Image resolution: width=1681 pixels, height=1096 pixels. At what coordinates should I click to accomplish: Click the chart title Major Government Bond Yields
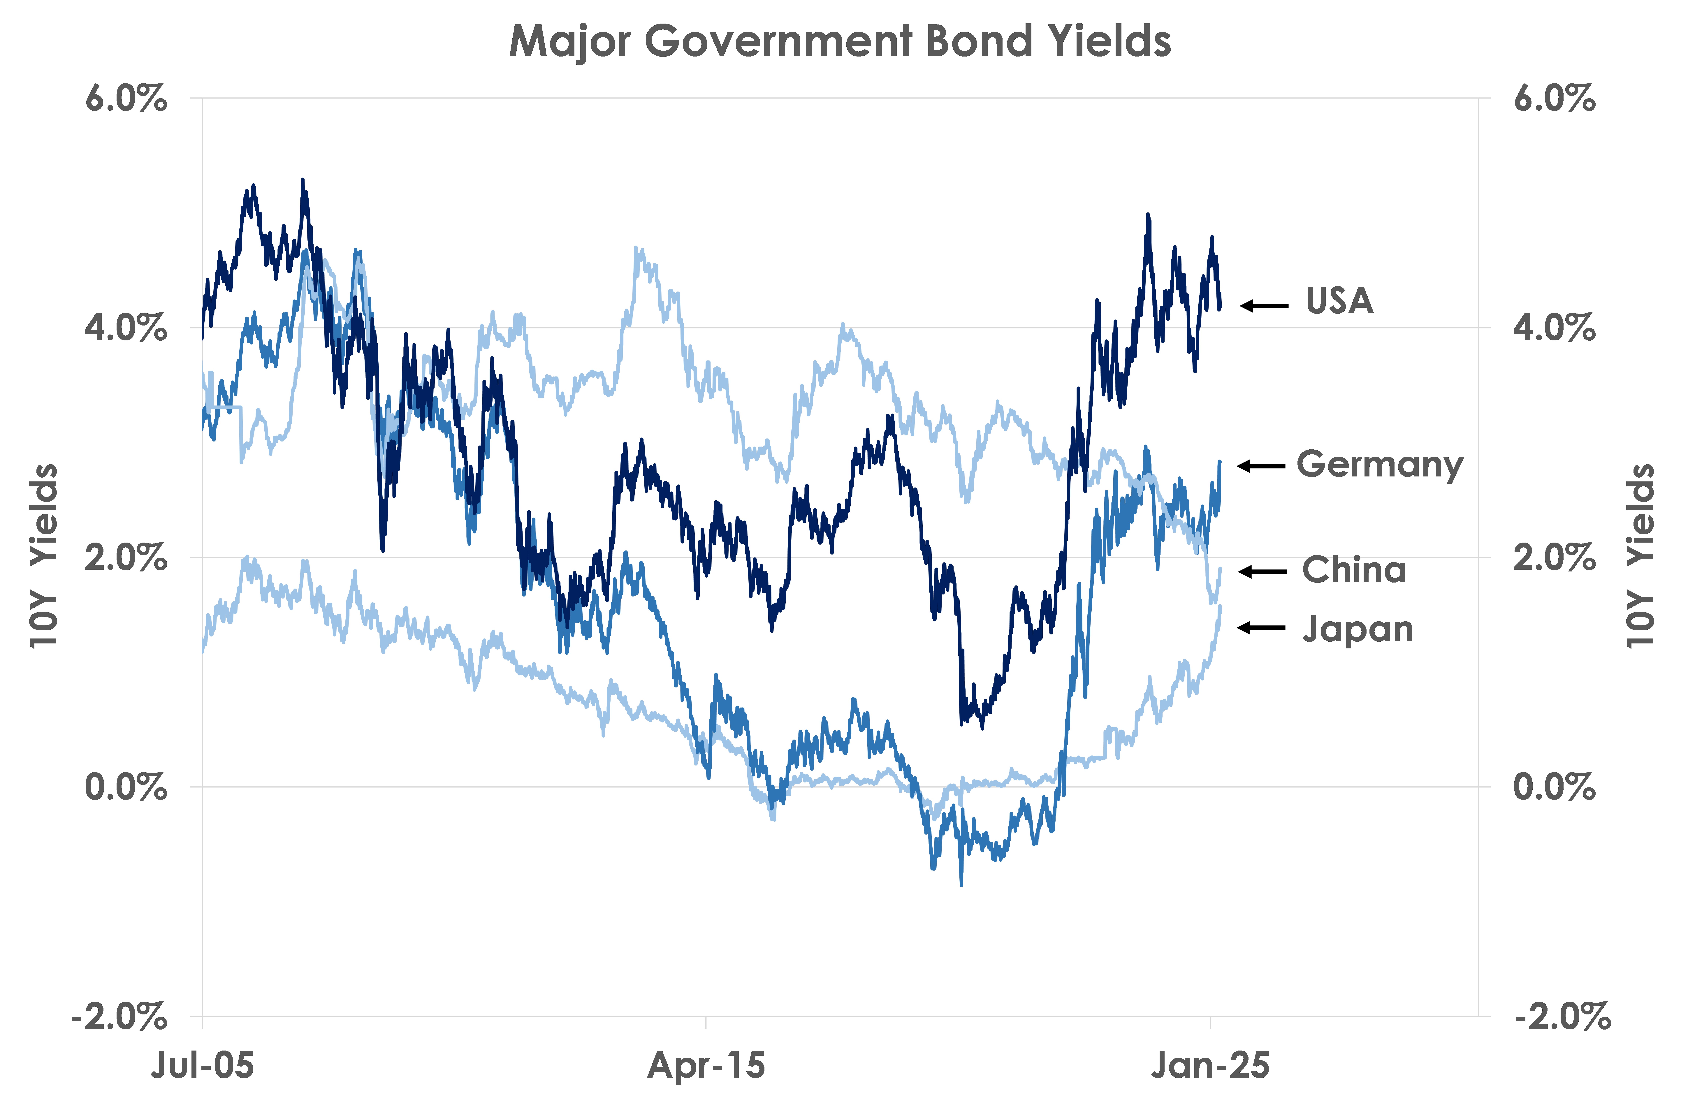coord(840,41)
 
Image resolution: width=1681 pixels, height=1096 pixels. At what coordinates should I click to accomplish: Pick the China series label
coord(1354,570)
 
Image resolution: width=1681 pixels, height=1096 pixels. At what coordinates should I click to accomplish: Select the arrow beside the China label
coord(1263,571)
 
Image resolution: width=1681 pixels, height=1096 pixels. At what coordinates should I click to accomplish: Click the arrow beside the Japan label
coord(1261,627)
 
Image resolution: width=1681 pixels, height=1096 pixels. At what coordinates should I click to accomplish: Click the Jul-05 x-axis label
coord(203,1065)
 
